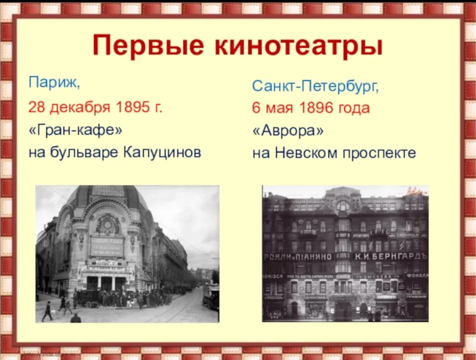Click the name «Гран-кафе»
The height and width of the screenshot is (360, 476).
[x=75, y=131]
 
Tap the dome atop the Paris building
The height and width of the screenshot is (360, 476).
[x=107, y=194]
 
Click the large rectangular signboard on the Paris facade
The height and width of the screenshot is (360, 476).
[x=107, y=247]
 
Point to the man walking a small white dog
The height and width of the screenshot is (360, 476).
[x=47, y=311]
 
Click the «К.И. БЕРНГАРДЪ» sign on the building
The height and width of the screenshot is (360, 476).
[x=390, y=257]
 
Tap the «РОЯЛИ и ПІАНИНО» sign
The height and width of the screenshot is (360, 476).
[x=298, y=257]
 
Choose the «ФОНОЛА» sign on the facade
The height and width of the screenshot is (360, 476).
[x=416, y=275]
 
